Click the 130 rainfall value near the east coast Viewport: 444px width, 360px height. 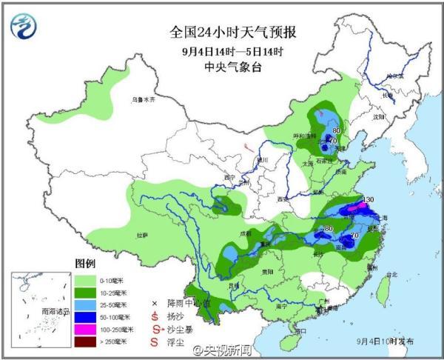pos(368,199)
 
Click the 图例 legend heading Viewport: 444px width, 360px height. pos(86,263)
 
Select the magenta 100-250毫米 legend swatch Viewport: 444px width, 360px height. pos(84,328)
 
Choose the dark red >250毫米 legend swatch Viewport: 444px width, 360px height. pos(84,341)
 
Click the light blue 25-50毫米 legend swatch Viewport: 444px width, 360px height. pos(84,303)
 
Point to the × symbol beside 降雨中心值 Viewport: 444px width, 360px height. pos(155,303)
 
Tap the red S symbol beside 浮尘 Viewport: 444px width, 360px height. pos(155,341)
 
